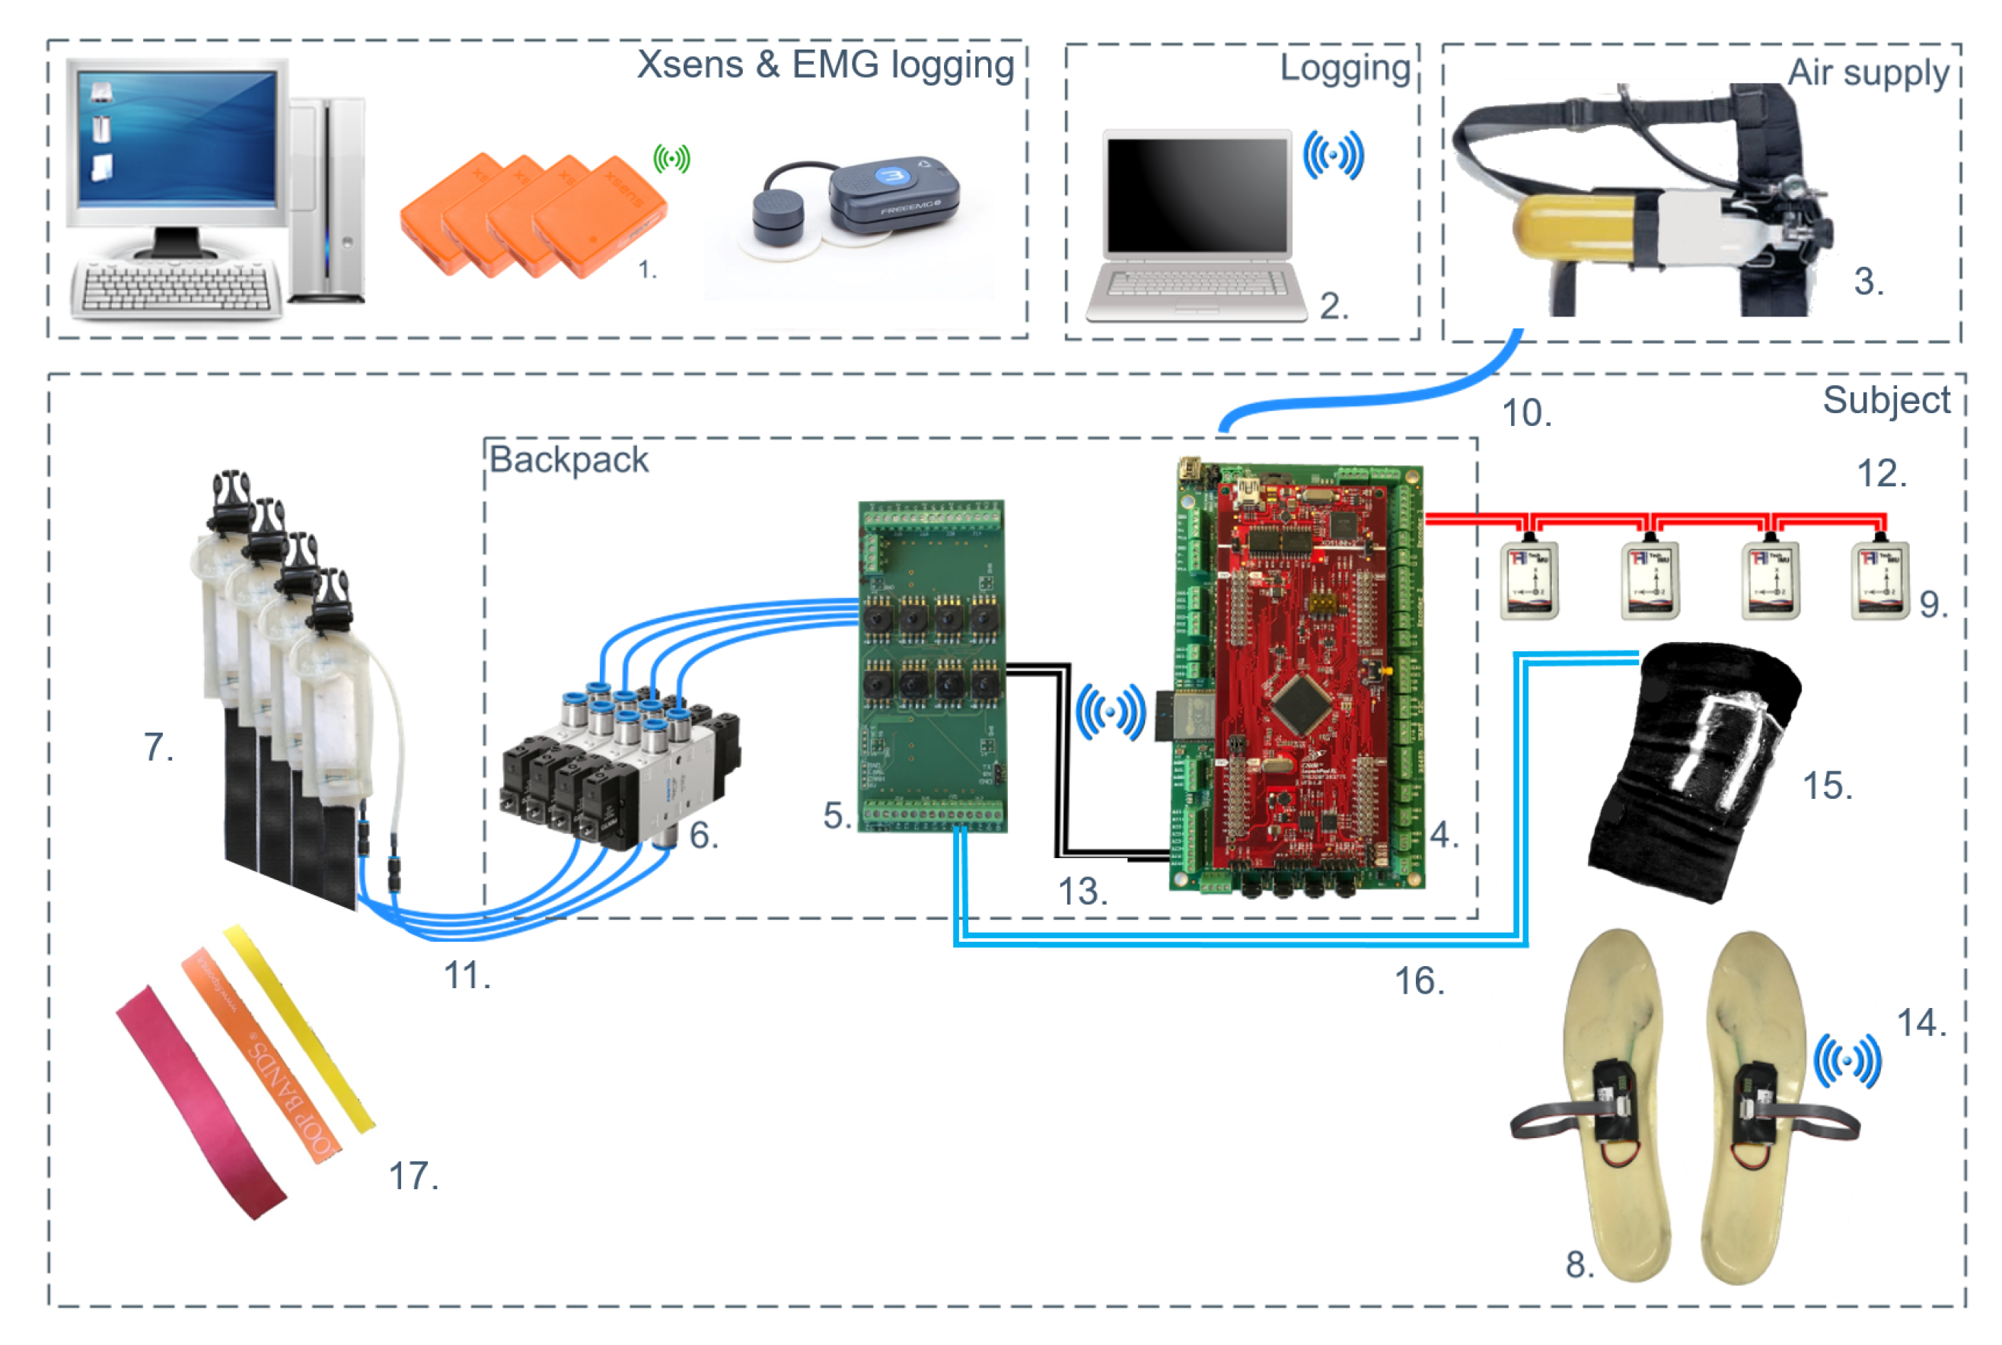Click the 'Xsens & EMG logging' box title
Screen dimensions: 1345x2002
[x=825, y=65]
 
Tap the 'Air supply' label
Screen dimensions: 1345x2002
[x=1867, y=72]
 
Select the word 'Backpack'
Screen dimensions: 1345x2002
[x=568, y=459]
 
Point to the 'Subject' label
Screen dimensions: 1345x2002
[x=1886, y=401]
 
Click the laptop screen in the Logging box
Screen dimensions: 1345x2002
[x=1197, y=196]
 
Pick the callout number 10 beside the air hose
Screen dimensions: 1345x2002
[x=1525, y=413]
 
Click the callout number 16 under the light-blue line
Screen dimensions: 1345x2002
[x=1420, y=981]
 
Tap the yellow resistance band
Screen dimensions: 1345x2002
[x=301, y=1029]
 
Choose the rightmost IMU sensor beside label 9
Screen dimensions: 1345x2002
[x=1879, y=580]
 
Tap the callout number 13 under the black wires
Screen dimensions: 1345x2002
[x=1082, y=892]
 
